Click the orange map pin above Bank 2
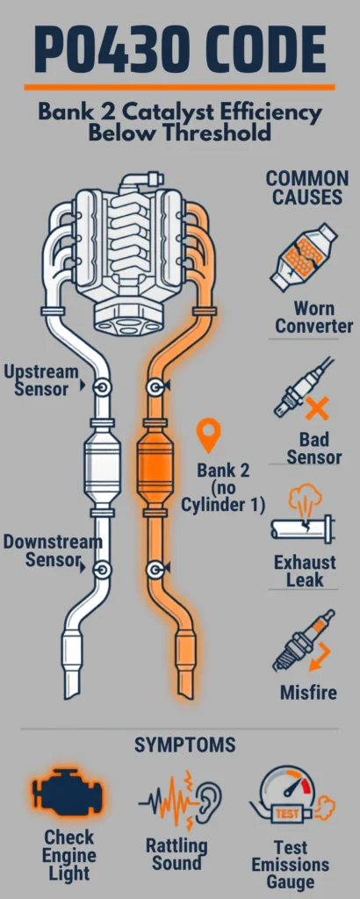[209, 437]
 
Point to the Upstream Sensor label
[40, 379]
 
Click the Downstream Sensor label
[52, 550]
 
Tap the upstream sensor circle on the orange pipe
[155, 388]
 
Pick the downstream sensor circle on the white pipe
[104, 569]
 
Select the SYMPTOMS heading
[185, 744]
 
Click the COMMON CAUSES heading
[307, 188]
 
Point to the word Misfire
[308, 692]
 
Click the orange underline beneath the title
[179, 87]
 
